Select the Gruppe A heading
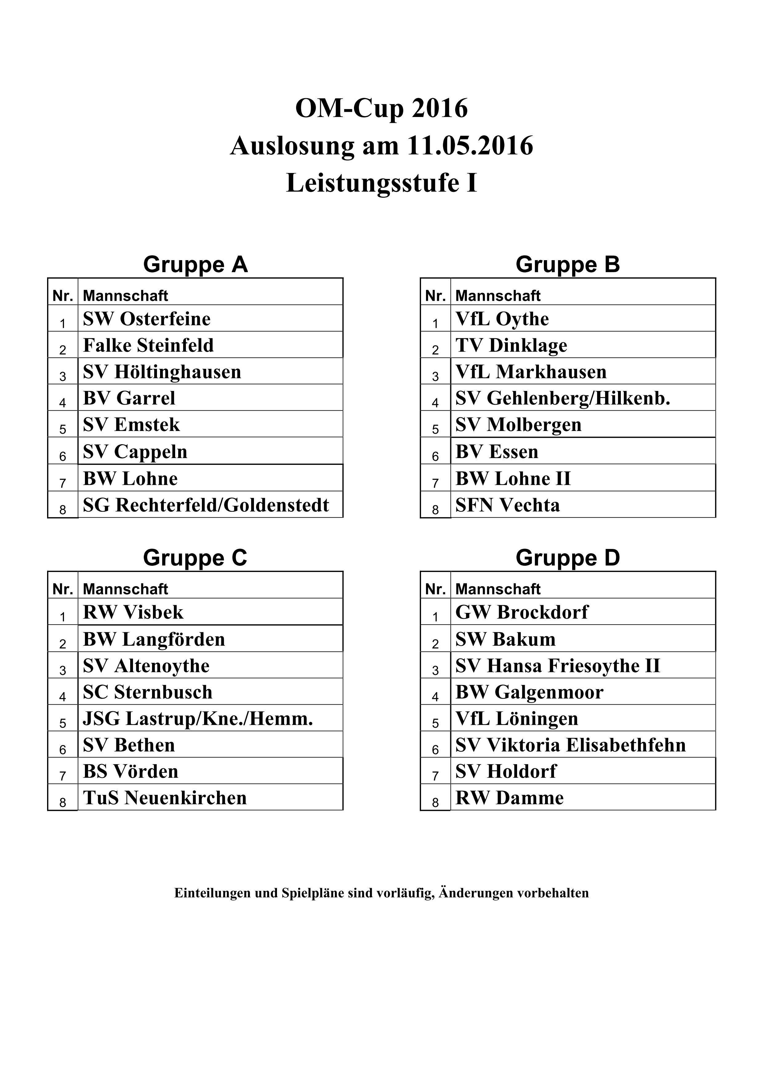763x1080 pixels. [195, 264]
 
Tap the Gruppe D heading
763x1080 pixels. [568, 558]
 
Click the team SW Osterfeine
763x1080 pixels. [147, 319]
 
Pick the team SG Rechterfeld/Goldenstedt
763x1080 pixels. [206, 505]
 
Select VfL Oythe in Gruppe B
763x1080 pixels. [502, 319]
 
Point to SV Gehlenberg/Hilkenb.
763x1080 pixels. [562, 398]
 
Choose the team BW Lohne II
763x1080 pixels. [513, 479]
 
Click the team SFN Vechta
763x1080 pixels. [508, 505]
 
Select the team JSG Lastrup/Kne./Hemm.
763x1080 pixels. [198, 719]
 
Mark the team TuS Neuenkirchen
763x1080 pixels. [165, 798]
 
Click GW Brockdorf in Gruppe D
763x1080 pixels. [522, 612]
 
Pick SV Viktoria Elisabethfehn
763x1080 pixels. [570, 745]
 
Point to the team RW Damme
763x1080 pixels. [510, 798]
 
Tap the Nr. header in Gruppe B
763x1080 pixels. [435, 296]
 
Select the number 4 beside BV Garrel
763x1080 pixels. [62, 403]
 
